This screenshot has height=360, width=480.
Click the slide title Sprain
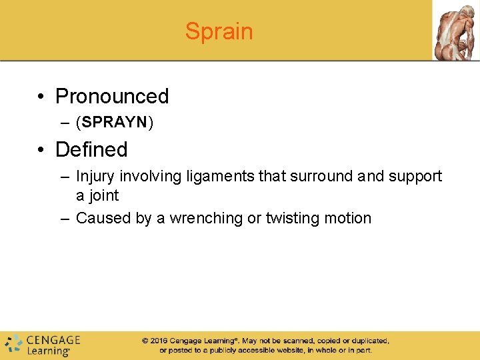pos(219,31)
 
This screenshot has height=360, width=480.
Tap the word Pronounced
pos(112,97)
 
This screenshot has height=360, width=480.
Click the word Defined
pos(91,149)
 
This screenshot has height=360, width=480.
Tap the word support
pos(415,177)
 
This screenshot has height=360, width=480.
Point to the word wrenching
pos(207,218)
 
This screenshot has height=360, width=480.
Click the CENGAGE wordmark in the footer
pos(53,340)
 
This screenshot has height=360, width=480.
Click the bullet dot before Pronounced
pos(41,97)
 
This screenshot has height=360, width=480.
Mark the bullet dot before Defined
pos(41,150)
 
